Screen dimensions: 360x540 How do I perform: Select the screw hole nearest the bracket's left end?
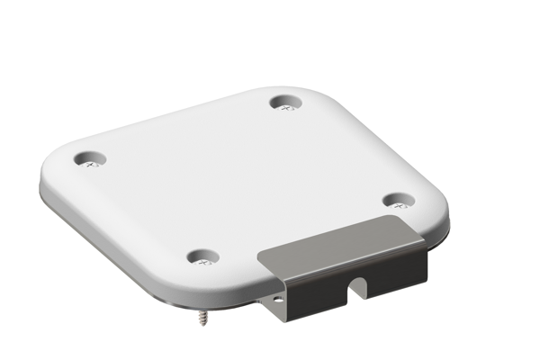click(x=203, y=257)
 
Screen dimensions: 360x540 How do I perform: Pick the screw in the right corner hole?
click(x=396, y=200)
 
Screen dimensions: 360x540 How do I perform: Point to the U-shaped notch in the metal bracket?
click(x=357, y=286)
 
